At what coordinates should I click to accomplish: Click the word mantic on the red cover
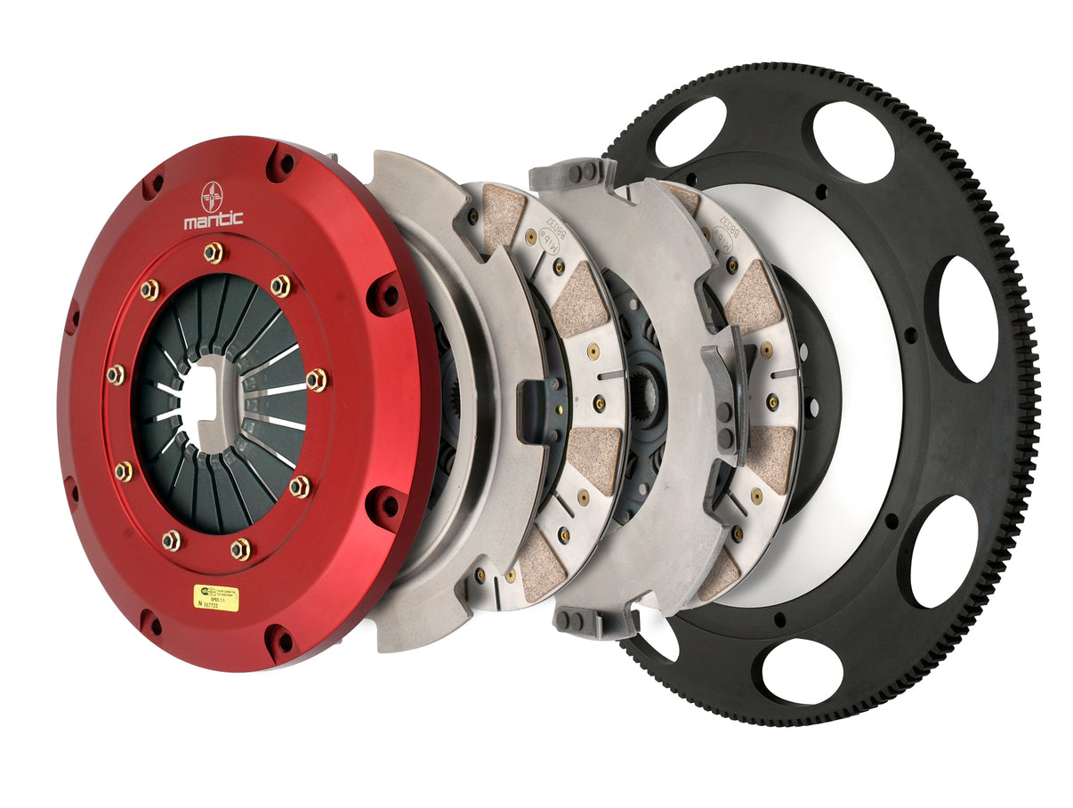tap(213, 219)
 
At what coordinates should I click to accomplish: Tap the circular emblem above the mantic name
tap(213, 193)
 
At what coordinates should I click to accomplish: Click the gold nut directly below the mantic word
tap(213, 253)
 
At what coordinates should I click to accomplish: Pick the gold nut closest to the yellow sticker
tap(240, 549)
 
